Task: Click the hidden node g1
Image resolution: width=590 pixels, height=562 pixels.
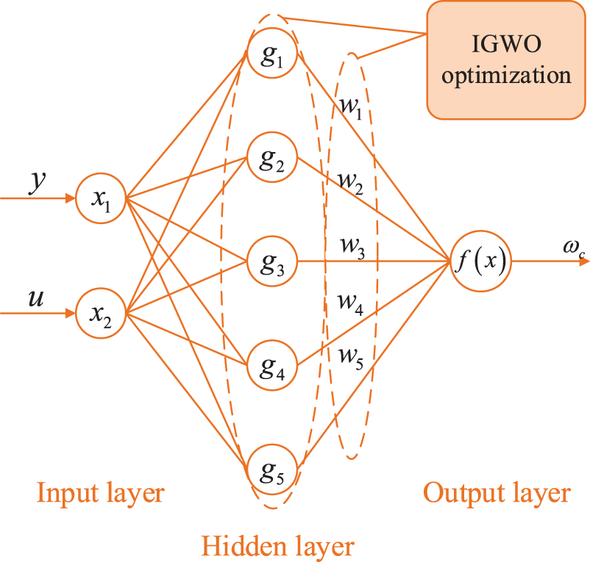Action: tap(272, 53)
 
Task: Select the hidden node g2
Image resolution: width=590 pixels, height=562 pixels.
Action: tap(272, 157)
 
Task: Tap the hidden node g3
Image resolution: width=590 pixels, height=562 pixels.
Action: tap(272, 261)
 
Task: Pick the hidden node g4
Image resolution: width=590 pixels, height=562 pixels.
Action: tap(272, 365)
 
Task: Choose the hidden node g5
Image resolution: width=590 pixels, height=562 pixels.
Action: tap(272, 469)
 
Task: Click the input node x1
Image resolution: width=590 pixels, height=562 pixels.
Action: tap(101, 198)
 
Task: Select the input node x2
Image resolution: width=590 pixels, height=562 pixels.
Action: tap(101, 313)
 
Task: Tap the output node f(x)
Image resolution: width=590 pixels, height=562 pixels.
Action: tap(481, 261)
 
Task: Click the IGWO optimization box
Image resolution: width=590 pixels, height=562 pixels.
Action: tap(506, 60)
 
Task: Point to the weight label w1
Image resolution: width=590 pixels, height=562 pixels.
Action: tap(351, 109)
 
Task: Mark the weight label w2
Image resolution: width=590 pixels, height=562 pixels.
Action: tap(351, 184)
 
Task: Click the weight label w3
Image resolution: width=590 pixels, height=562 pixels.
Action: tap(352, 248)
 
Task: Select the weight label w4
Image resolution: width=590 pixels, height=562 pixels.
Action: tap(351, 304)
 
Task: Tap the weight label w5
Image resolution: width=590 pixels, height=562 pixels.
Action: tap(351, 359)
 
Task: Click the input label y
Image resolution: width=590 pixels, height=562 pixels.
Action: tap(38, 184)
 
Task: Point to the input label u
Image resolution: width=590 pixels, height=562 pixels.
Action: tap(36, 299)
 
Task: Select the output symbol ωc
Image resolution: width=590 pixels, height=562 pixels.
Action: tap(575, 249)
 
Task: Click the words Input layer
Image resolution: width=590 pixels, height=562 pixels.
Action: tap(101, 493)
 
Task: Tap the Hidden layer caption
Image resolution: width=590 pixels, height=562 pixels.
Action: tap(278, 547)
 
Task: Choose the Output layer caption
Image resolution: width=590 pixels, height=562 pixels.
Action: tap(497, 493)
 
